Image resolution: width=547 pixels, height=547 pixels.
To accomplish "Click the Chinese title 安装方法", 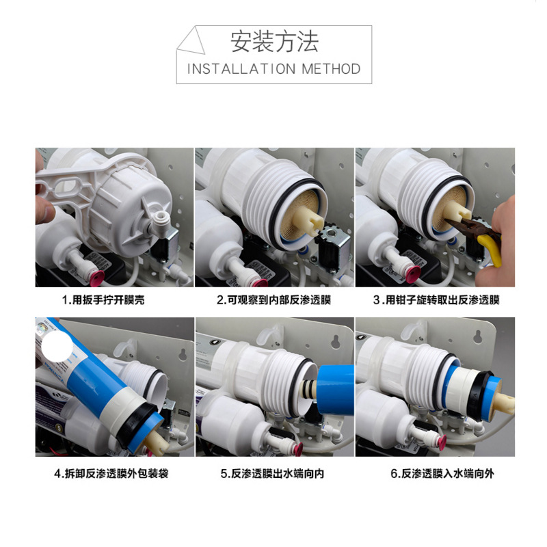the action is pyautogui.click(x=274, y=42).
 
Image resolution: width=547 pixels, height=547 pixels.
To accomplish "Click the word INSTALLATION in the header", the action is pyautogui.click(x=241, y=69).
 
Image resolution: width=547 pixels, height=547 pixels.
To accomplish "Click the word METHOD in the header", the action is pyautogui.click(x=331, y=69).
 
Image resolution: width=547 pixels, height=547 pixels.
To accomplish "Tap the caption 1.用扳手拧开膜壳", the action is pyautogui.click(x=103, y=299).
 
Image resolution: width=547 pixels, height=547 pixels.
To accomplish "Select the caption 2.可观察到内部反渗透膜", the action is pyautogui.click(x=274, y=299).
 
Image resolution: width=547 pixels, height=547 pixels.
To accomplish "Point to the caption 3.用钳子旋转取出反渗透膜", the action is pyautogui.click(x=436, y=299).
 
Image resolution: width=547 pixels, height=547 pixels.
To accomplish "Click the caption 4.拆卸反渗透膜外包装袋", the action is pyautogui.click(x=111, y=473).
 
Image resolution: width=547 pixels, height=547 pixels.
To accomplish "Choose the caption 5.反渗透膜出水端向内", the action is pyautogui.click(x=272, y=473).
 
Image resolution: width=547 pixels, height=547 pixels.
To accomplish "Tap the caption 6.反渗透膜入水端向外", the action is pyautogui.click(x=442, y=473).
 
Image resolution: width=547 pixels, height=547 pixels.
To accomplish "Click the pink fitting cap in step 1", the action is pyautogui.click(x=97, y=278).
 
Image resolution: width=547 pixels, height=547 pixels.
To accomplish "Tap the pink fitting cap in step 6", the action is pyautogui.click(x=440, y=442).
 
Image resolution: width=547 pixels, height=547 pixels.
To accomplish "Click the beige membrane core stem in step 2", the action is pyautogui.click(x=308, y=219).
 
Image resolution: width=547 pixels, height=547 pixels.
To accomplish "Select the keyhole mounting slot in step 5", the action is pyautogui.click(x=336, y=341).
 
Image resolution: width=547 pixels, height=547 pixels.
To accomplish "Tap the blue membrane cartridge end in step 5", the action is pyautogui.click(x=334, y=389).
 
